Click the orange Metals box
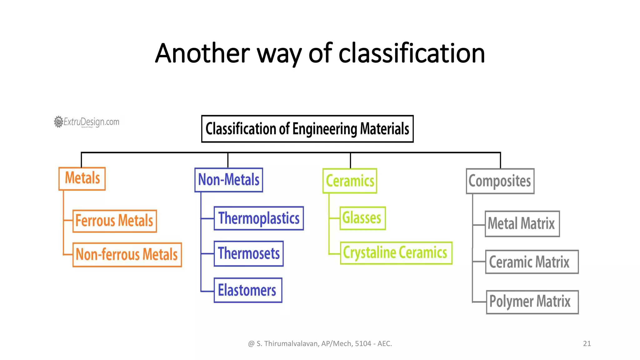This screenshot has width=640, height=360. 82,179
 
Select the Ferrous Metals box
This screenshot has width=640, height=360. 115,221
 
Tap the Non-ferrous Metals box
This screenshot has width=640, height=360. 127,255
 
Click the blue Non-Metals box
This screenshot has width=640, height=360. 229,180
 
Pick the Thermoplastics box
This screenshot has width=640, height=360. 259,218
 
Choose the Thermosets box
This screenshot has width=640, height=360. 249,253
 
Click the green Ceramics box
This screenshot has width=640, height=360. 350,181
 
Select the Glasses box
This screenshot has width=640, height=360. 362,218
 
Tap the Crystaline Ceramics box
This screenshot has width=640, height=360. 396,253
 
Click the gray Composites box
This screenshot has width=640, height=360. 500,181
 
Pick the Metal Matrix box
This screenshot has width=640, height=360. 522,224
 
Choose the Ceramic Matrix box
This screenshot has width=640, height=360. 532,262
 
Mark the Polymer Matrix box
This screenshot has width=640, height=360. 532,302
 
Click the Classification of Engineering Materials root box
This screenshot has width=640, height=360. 307,129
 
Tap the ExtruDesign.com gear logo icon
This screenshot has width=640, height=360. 58,122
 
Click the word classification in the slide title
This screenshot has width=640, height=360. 412,53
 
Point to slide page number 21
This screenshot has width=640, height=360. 587,343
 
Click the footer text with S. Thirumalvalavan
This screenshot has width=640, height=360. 320,343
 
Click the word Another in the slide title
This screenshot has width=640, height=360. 202,53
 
